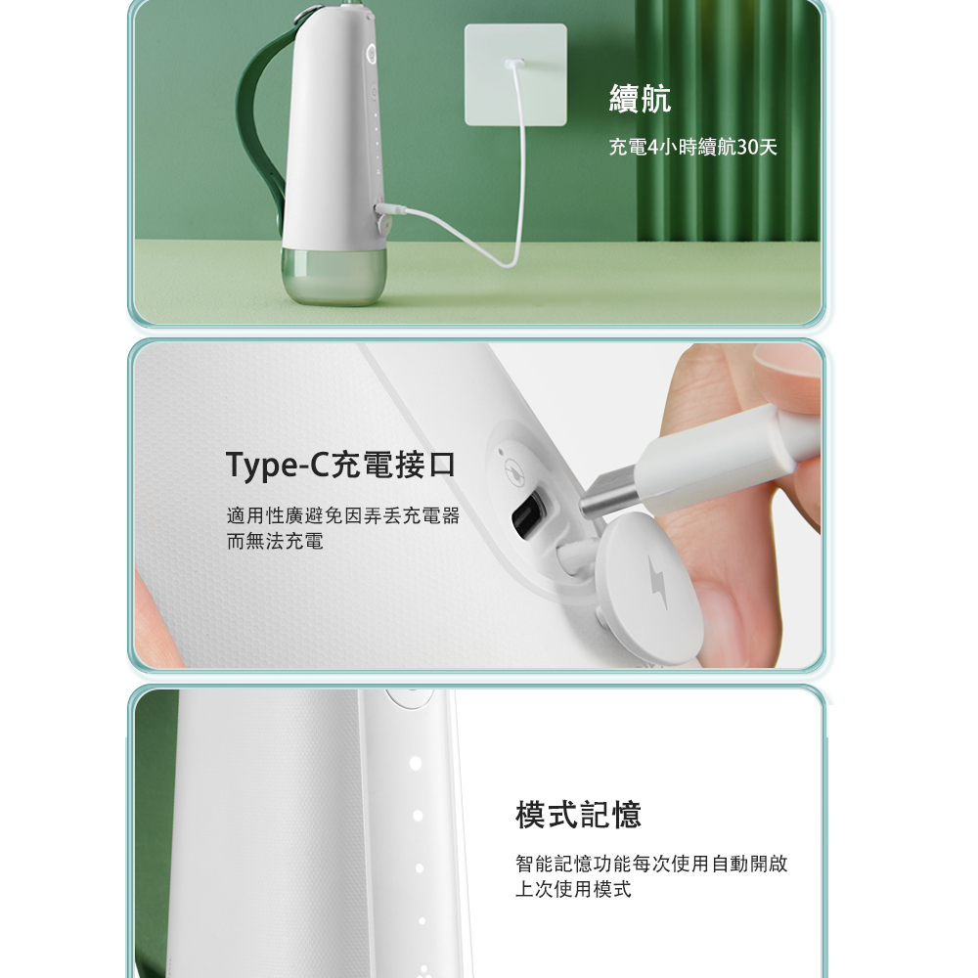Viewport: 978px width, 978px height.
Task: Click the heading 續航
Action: (x=640, y=99)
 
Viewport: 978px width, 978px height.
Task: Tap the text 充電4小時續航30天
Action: (x=693, y=148)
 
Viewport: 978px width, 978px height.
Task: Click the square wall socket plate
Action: (x=515, y=75)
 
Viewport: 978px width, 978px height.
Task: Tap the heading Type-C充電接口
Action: (x=340, y=465)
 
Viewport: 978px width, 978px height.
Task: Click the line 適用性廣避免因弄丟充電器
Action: (x=343, y=515)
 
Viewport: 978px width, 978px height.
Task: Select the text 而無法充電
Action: (x=275, y=541)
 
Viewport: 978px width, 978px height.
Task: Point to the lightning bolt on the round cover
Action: (x=657, y=582)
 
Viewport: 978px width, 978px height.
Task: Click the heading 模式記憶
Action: (x=578, y=815)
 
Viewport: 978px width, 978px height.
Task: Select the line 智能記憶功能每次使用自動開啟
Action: (x=651, y=864)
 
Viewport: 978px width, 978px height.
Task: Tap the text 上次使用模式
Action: (x=573, y=889)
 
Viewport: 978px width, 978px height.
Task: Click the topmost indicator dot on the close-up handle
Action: (x=416, y=763)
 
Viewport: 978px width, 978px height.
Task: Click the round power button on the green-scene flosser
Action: (x=371, y=53)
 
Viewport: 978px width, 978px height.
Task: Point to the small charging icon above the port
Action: (x=514, y=469)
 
